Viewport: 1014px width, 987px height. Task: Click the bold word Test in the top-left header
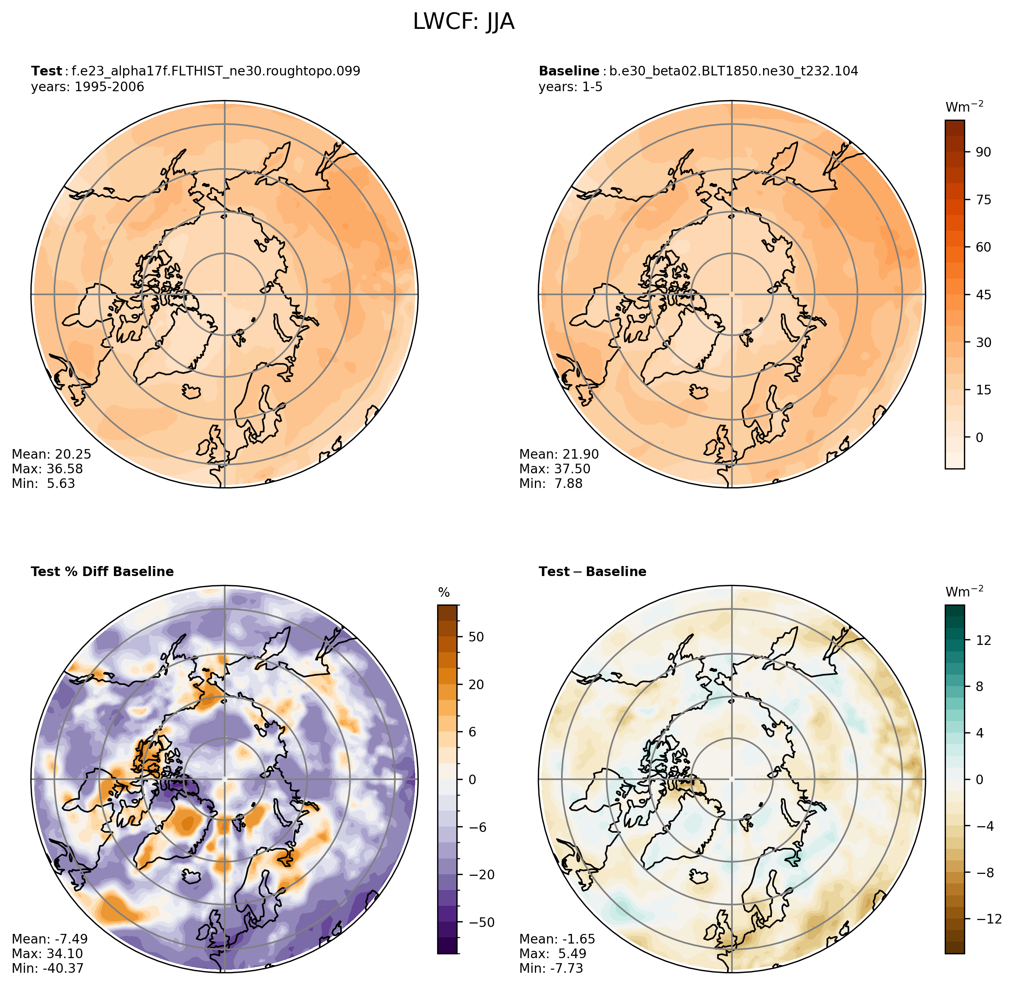pos(47,71)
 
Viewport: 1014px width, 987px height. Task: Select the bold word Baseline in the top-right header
pos(569,71)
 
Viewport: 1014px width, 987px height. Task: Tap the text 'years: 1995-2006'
pos(88,87)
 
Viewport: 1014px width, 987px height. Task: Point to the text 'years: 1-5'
pos(570,87)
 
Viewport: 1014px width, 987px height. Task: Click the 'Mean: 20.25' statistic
pos(51,454)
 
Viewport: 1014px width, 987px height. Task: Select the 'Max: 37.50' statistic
pos(555,469)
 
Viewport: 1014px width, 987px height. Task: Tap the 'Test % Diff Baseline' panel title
pos(102,571)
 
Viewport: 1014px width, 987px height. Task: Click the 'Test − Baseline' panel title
pos(593,571)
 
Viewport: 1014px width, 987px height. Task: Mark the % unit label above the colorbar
pos(444,593)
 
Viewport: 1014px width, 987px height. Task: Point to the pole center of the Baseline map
pos(732,294)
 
